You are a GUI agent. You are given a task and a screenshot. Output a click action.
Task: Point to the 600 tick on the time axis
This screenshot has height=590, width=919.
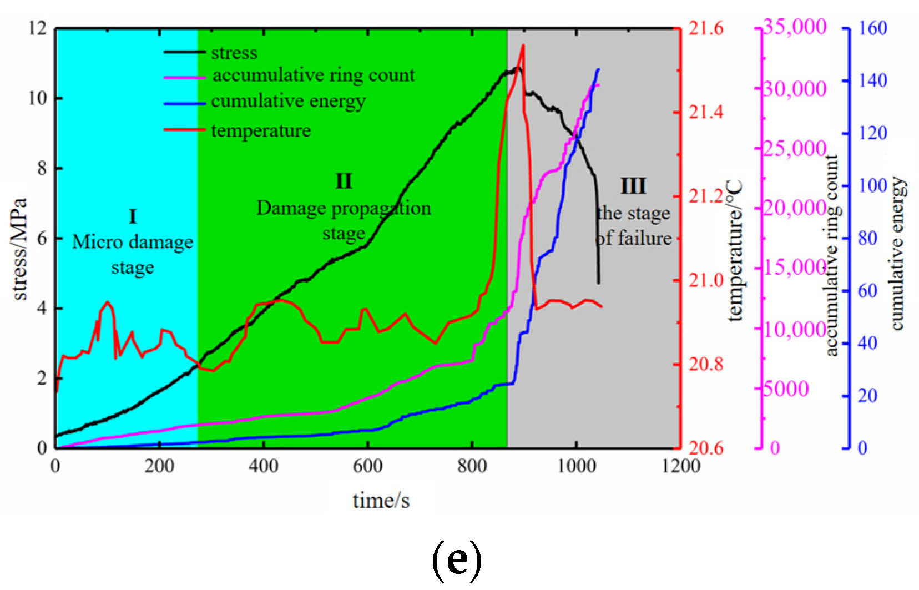(x=367, y=465)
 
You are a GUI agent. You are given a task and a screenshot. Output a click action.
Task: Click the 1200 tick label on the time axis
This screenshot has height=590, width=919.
(x=680, y=465)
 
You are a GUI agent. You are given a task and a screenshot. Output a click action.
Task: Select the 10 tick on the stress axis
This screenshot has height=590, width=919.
(x=38, y=98)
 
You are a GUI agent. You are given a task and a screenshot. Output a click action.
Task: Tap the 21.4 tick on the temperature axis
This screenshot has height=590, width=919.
(x=706, y=112)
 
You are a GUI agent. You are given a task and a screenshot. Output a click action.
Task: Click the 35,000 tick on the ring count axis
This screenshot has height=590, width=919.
(x=795, y=27)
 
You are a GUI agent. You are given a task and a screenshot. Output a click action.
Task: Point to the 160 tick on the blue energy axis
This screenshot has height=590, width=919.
(x=873, y=28)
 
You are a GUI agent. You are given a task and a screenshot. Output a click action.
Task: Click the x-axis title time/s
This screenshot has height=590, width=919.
(x=381, y=500)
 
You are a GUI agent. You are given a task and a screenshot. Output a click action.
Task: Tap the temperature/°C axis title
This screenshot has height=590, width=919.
(x=734, y=250)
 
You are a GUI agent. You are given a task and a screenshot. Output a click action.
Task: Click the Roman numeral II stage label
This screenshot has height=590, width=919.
(x=344, y=181)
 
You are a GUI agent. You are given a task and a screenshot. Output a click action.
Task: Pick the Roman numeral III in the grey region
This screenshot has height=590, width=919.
(x=633, y=186)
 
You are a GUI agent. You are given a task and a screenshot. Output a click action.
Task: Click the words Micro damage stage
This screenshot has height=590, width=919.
(x=133, y=254)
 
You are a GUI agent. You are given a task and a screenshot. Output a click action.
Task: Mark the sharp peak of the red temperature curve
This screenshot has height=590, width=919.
(x=523, y=46)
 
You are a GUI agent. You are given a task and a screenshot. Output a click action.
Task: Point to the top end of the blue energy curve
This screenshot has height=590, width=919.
(x=598, y=69)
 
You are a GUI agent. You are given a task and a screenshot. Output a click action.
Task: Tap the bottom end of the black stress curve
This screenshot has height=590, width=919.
(x=598, y=283)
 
